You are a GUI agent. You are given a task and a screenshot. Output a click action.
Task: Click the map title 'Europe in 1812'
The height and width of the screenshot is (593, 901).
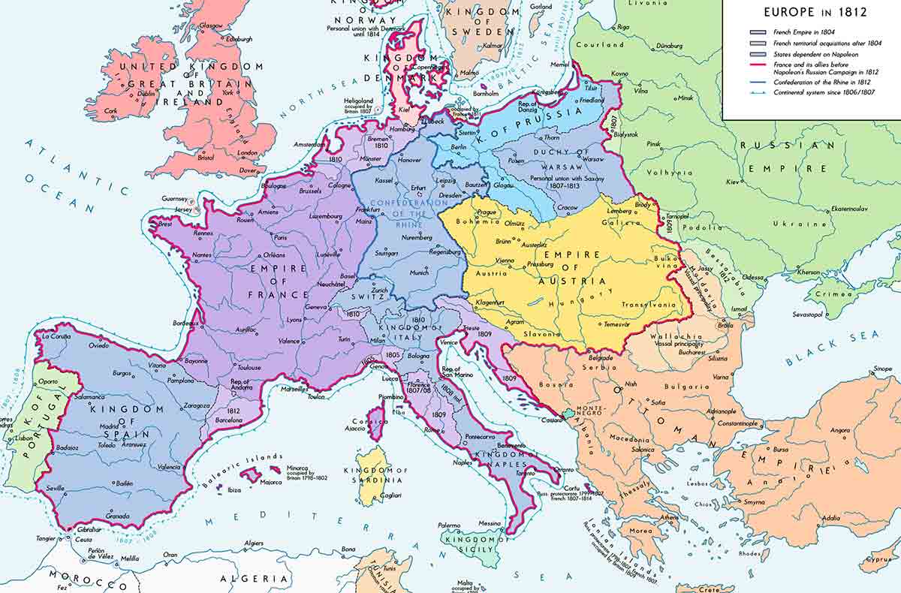pyautogui.click(x=815, y=12)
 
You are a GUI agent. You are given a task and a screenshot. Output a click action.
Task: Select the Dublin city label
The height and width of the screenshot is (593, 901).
pyautogui.click(x=146, y=94)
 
